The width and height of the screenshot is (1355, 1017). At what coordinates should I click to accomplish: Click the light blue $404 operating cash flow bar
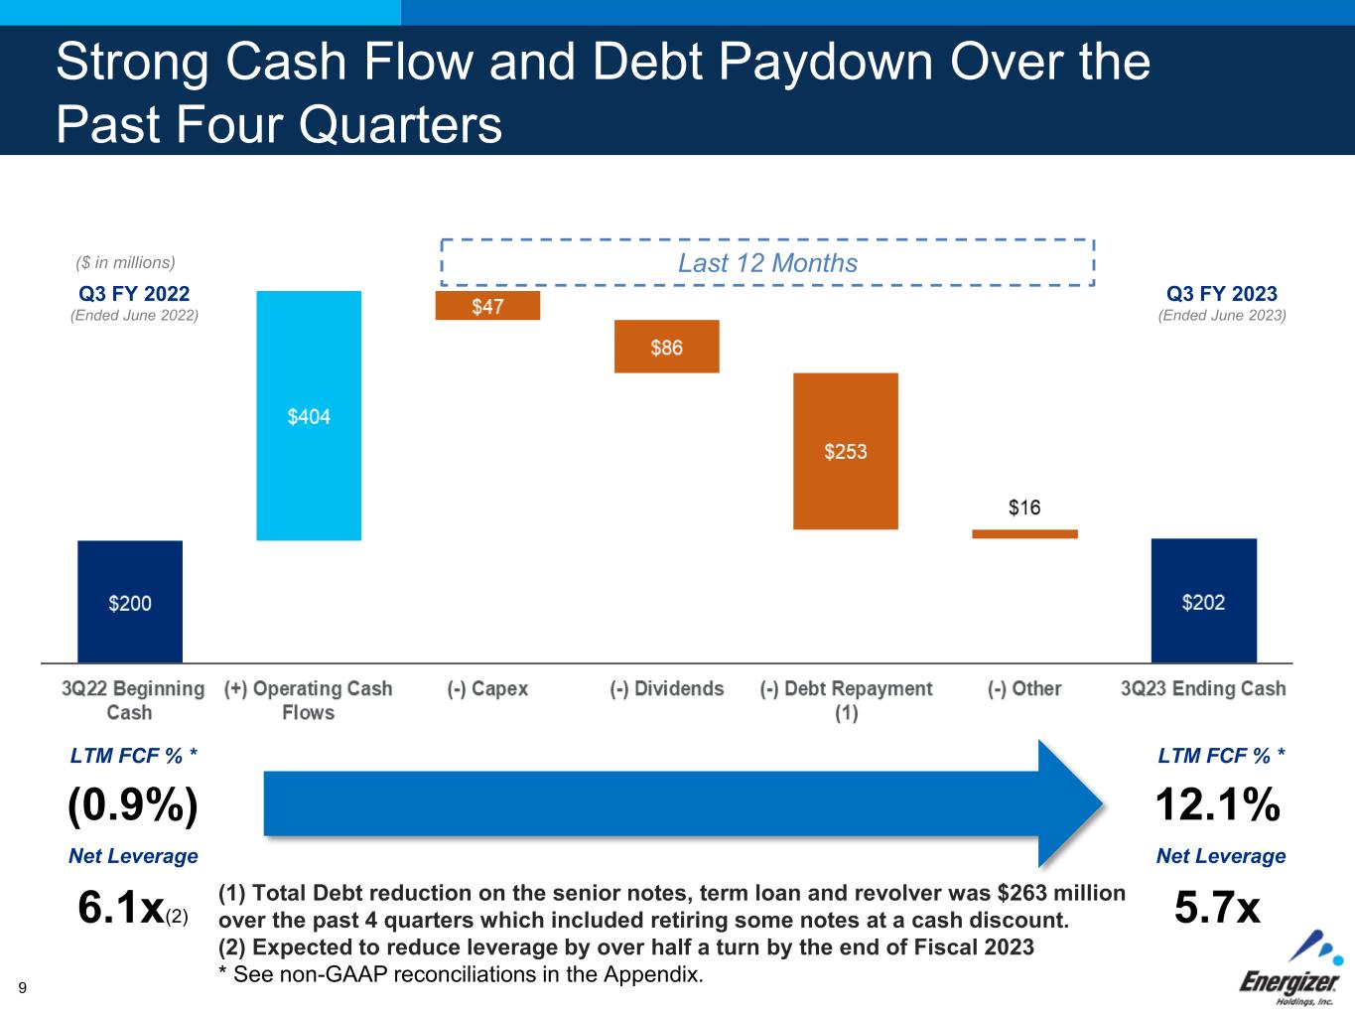click(309, 415)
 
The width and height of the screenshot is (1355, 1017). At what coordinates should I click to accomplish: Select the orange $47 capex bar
click(487, 305)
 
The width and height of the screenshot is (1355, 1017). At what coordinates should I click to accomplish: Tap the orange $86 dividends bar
click(667, 347)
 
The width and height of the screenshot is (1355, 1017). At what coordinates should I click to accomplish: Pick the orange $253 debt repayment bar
click(846, 451)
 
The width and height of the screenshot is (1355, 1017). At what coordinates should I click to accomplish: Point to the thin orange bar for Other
click(1024, 534)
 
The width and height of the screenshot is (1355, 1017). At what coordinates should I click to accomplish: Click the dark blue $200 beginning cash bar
click(130, 602)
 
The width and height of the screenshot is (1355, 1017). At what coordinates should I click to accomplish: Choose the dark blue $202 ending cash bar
click(1204, 600)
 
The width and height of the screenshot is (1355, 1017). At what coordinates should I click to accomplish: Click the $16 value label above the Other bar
click(1024, 508)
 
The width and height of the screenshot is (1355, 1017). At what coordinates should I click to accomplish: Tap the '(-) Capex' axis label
click(487, 688)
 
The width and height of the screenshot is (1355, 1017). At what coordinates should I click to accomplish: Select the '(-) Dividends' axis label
click(667, 688)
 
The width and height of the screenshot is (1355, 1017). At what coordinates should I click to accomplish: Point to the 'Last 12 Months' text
click(768, 263)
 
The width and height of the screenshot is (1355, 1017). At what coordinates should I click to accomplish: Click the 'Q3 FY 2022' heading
click(134, 293)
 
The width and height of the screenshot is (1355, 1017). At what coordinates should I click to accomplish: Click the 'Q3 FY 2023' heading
click(1222, 293)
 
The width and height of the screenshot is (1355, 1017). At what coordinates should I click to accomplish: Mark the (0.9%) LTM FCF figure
click(133, 805)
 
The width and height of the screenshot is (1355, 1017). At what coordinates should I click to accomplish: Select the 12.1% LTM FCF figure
click(1217, 804)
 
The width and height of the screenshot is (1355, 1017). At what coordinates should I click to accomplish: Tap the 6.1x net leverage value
click(122, 907)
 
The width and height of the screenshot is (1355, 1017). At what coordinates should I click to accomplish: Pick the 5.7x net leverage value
click(1217, 907)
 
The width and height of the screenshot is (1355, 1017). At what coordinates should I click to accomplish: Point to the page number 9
click(22, 988)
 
